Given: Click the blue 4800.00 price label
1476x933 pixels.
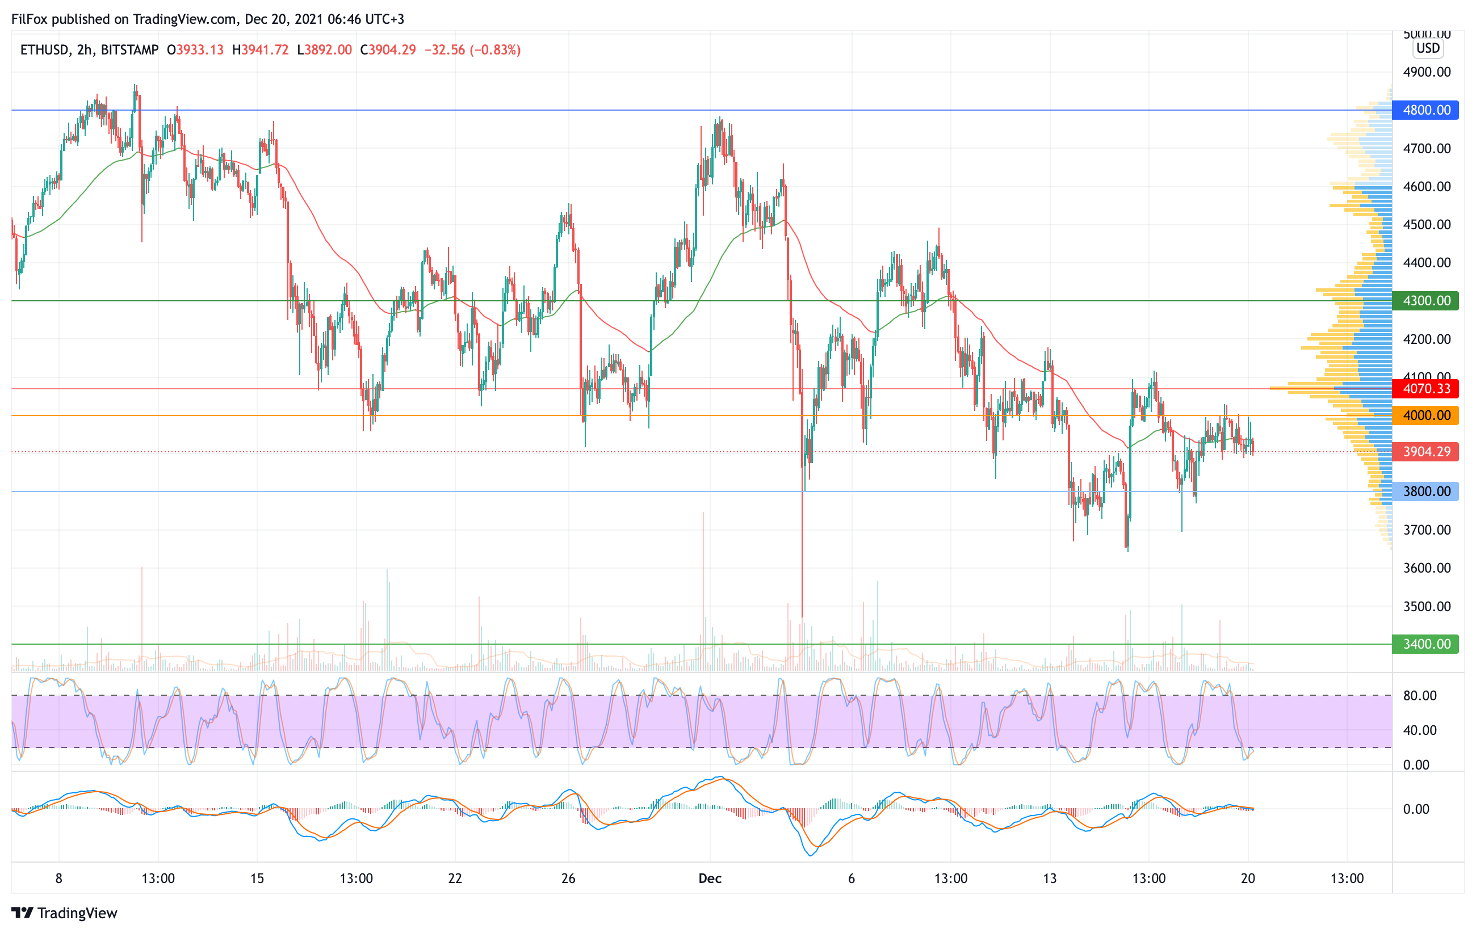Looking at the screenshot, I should click(1425, 110).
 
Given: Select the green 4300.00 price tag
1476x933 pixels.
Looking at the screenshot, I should click(1425, 301).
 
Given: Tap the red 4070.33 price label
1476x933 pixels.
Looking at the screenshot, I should click(1425, 388).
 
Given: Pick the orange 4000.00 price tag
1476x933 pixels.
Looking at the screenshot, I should click(1425, 415).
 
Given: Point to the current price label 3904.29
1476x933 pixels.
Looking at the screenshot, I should click(1425, 452).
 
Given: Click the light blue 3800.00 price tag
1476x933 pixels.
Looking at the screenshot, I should click(1425, 491).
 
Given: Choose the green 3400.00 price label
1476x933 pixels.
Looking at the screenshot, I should click(1425, 644).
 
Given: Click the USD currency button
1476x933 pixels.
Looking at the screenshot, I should click(1428, 48).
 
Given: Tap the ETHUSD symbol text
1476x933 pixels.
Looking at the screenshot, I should click(44, 49).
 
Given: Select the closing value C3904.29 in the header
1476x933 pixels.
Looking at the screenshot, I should click(388, 49).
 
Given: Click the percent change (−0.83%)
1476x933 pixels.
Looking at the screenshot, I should click(495, 49).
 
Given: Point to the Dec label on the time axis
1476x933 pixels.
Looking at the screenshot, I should click(710, 879).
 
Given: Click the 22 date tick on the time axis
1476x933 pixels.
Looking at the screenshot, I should click(455, 879).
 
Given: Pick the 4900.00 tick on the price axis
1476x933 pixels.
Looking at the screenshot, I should click(1427, 72).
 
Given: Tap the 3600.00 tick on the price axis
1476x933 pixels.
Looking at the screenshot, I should click(1427, 568).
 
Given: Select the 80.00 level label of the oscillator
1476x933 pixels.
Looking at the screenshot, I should click(1420, 695).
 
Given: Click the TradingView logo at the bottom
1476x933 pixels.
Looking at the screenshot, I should click(64, 913).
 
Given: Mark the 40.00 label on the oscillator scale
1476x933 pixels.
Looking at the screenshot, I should click(1420, 730).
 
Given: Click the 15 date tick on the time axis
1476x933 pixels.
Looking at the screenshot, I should click(257, 879).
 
